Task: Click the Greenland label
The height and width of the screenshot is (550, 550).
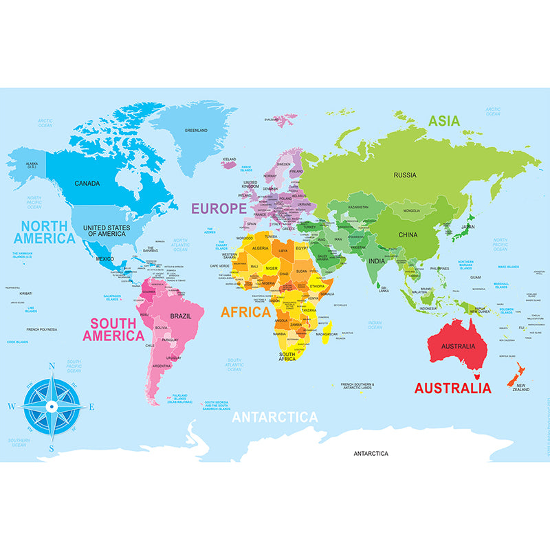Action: [196, 130]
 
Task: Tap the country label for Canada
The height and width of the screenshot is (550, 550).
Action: [87, 184]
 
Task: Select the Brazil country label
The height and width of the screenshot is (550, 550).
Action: [180, 316]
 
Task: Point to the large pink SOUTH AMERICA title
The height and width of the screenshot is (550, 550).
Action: [113, 329]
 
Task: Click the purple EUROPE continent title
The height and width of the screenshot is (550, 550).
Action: [219, 208]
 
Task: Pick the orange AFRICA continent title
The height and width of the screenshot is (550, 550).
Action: [245, 311]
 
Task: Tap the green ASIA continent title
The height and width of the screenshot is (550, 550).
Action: [444, 121]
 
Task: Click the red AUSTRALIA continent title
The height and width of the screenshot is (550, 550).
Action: [452, 388]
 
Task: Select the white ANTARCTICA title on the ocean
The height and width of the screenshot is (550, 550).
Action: [275, 417]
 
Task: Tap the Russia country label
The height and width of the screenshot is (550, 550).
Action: [405, 175]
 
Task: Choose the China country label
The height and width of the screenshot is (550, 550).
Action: [408, 235]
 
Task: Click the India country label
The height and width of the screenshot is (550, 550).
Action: [376, 261]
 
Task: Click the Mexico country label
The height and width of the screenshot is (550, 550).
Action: [104, 258]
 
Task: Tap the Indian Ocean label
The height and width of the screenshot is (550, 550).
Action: [375, 324]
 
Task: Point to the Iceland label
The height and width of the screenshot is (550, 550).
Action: [229, 159]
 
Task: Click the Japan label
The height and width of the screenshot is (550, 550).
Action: [467, 226]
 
